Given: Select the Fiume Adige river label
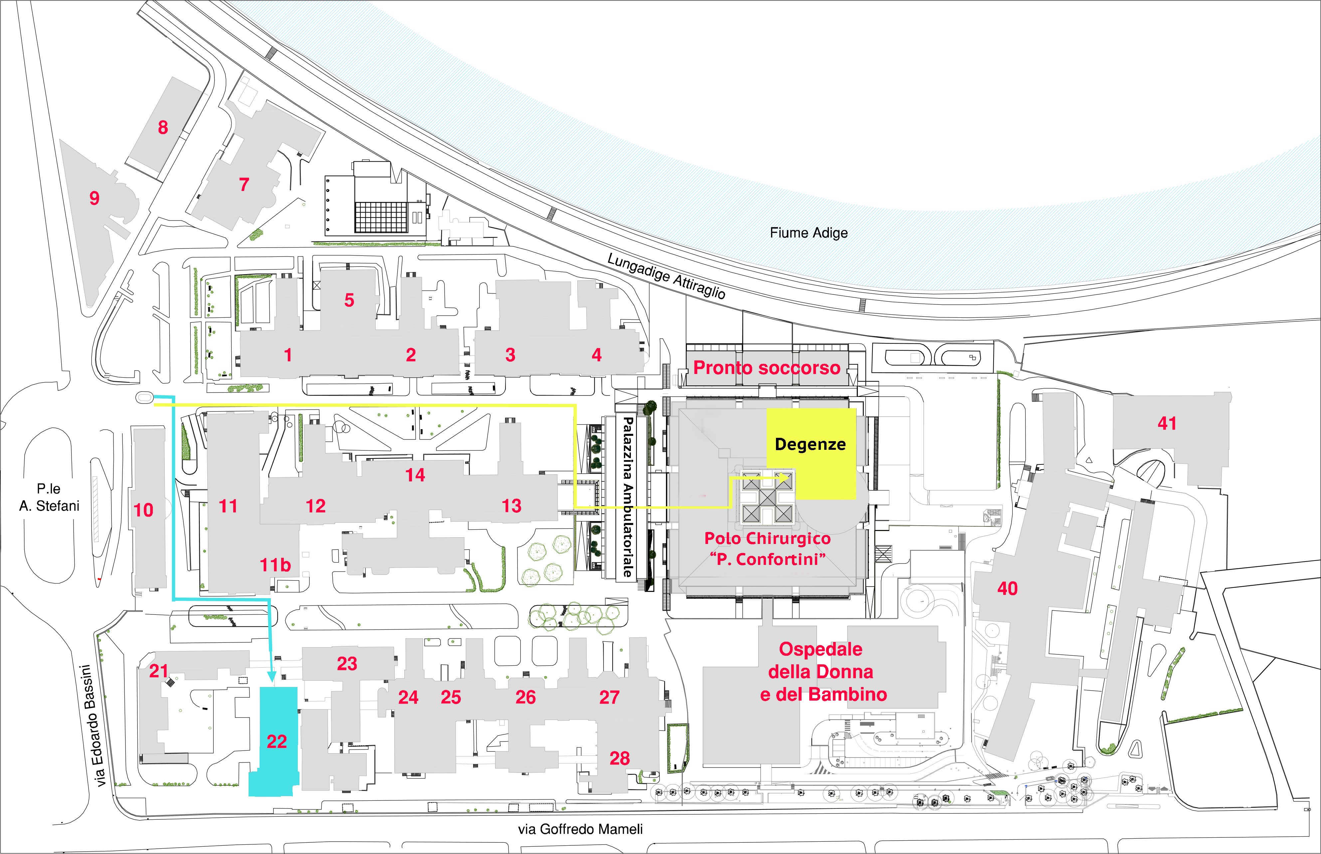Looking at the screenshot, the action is click(809, 233).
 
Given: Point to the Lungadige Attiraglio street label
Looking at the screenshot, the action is click(666, 275).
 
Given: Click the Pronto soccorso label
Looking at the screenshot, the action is click(767, 368).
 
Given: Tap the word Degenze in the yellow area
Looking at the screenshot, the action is click(810, 444).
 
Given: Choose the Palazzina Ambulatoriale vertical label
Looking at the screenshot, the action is click(627, 497).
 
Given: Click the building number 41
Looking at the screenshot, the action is click(1167, 423).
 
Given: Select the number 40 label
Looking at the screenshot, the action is click(1007, 589).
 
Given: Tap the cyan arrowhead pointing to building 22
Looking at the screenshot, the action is click(271, 677).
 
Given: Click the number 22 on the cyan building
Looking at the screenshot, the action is click(277, 742).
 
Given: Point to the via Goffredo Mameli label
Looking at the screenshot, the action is click(581, 829).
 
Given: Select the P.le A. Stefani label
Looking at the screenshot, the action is click(49, 497).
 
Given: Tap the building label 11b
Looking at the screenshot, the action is click(275, 565).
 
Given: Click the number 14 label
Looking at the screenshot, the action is click(415, 475).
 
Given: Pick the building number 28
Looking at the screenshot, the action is click(620, 758).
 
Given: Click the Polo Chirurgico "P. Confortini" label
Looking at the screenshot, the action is click(768, 549).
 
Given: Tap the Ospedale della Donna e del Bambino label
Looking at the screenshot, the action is click(823, 672).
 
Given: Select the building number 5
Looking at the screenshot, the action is click(349, 300).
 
